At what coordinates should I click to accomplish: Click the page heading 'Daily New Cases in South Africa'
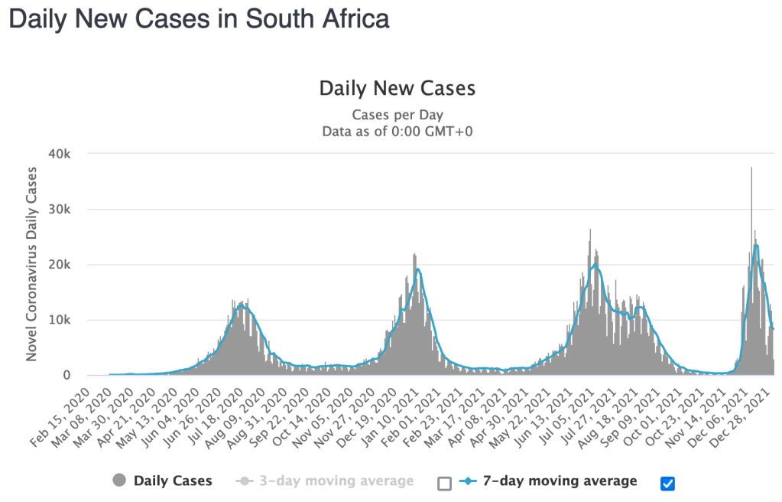click(199, 20)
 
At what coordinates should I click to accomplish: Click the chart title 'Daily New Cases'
click(397, 88)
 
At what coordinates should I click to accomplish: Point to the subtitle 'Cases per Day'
click(397, 115)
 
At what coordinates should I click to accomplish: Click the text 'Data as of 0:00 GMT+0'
click(397, 131)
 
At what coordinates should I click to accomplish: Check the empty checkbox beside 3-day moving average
click(444, 483)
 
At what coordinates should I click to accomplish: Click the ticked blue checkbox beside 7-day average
click(667, 483)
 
